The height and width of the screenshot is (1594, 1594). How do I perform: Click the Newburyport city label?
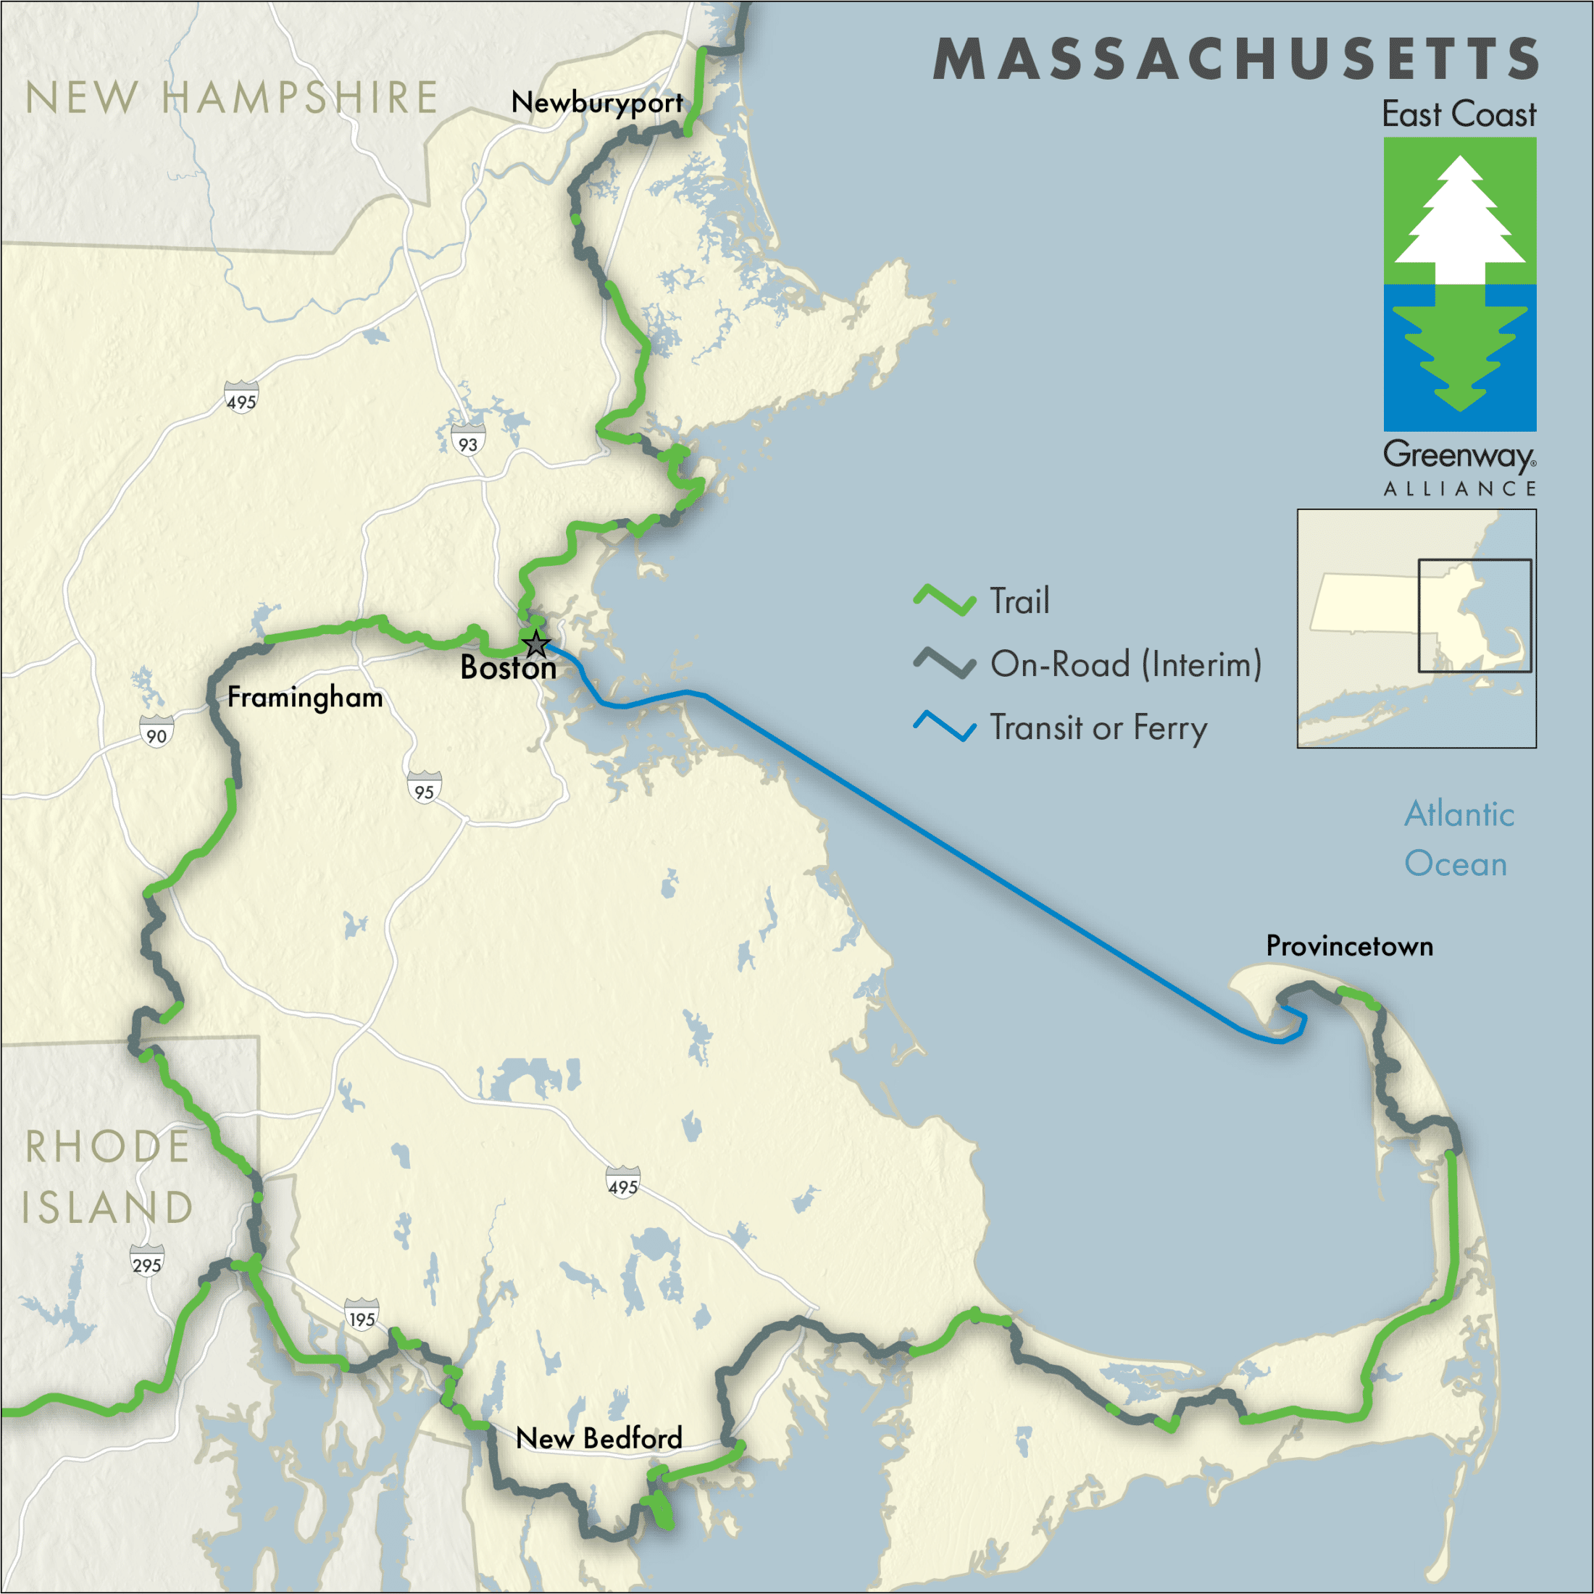(x=596, y=103)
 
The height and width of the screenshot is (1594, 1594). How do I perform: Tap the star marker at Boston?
(x=536, y=643)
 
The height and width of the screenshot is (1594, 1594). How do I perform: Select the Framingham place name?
(x=305, y=698)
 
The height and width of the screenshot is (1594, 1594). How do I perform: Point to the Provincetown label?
(x=1349, y=946)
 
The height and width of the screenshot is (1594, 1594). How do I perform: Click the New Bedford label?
(x=599, y=1439)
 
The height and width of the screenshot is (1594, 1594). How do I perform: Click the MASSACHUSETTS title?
(x=1235, y=59)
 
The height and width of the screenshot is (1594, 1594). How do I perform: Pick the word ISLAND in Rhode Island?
(x=107, y=1208)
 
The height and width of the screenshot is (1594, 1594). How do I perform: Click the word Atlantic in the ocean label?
(x=1459, y=814)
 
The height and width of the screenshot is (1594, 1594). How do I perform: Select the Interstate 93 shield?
(x=468, y=442)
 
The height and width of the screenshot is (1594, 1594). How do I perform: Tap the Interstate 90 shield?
(x=156, y=733)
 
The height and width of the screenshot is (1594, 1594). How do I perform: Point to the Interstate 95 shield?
(x=424, y=790)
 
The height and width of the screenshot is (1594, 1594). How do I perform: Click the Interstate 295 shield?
(x=147, y=1262)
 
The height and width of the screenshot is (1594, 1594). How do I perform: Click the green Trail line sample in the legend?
(x=945, y=600)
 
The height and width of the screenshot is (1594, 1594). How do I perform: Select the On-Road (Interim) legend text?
(x=1125, y=664)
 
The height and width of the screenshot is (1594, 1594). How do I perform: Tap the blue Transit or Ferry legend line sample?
(x=945, y=726)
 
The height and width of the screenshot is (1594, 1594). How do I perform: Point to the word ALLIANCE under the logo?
(x=1459, y=489)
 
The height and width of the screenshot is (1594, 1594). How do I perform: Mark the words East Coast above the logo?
(x=1459, y=114)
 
